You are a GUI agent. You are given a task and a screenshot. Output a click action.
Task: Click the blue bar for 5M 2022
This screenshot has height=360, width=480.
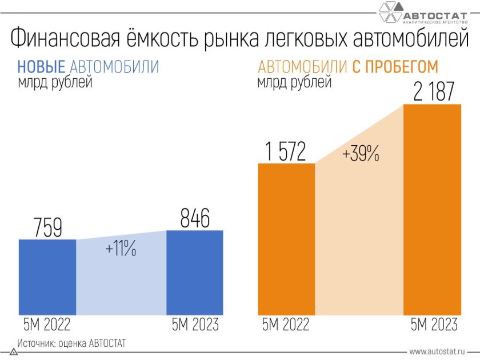(x=47, y=277)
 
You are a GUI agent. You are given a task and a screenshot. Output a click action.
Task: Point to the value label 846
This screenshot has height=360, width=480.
(x=195, y=218)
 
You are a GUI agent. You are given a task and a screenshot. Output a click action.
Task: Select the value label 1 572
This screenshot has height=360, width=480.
(x=285, y=152)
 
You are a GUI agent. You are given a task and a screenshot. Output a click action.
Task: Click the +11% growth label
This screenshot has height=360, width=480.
(x=121, y=250)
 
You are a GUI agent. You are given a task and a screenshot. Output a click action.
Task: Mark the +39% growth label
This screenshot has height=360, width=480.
(x=361, y=154)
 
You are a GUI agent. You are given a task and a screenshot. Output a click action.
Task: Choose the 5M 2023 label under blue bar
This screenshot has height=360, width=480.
(x=195, y=325)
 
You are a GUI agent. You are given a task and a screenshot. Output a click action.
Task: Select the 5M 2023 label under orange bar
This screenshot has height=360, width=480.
(x=434, y=325)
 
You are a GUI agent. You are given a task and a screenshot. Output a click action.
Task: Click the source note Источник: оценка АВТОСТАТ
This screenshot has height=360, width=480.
(x=71, y=343)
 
